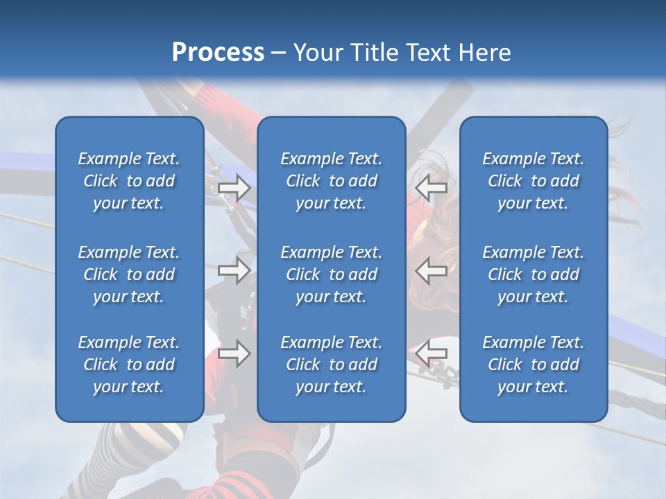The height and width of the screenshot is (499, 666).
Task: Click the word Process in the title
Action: tap(218, 53)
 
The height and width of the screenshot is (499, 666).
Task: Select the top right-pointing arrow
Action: tap(234, 187)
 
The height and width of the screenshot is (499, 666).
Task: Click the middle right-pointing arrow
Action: tap(234, 270)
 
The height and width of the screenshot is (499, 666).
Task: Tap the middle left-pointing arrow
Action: tap(431, 270)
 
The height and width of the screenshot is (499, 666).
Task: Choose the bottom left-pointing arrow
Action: tap(431, 353)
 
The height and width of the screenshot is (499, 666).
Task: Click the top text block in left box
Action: tap(129, 181)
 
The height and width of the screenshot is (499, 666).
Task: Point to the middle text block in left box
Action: tap(129, 274)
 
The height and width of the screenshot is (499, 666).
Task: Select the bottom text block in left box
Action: tap(129, 365)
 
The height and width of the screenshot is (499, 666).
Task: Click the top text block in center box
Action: tap(332, 181)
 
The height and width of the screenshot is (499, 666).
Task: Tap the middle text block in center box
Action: tap(332, 274)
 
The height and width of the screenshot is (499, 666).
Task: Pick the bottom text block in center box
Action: tap(332, 365)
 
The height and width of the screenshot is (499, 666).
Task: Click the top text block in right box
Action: tap(533, 181)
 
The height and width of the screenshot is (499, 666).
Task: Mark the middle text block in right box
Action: tap(533, 274)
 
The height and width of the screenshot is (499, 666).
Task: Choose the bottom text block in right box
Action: tap(533, 365)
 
